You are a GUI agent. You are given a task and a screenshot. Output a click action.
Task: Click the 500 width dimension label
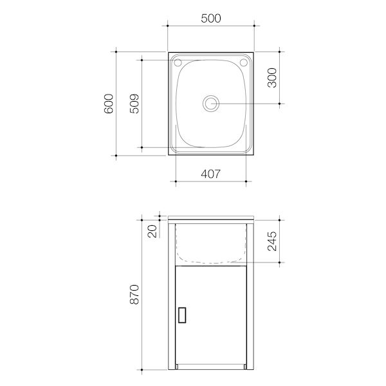(x=211, y=18)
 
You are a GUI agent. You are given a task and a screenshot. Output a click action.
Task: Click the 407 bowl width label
(x=211, y=174)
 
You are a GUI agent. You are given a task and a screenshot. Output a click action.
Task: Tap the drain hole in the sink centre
(x=211, y=103)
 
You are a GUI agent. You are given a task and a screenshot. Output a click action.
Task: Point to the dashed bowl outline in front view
(x=211, y=262)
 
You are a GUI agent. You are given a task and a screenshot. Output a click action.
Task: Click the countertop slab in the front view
(x=211, y=219)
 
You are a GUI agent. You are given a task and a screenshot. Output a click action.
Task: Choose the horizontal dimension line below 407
(x=211, y=183)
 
